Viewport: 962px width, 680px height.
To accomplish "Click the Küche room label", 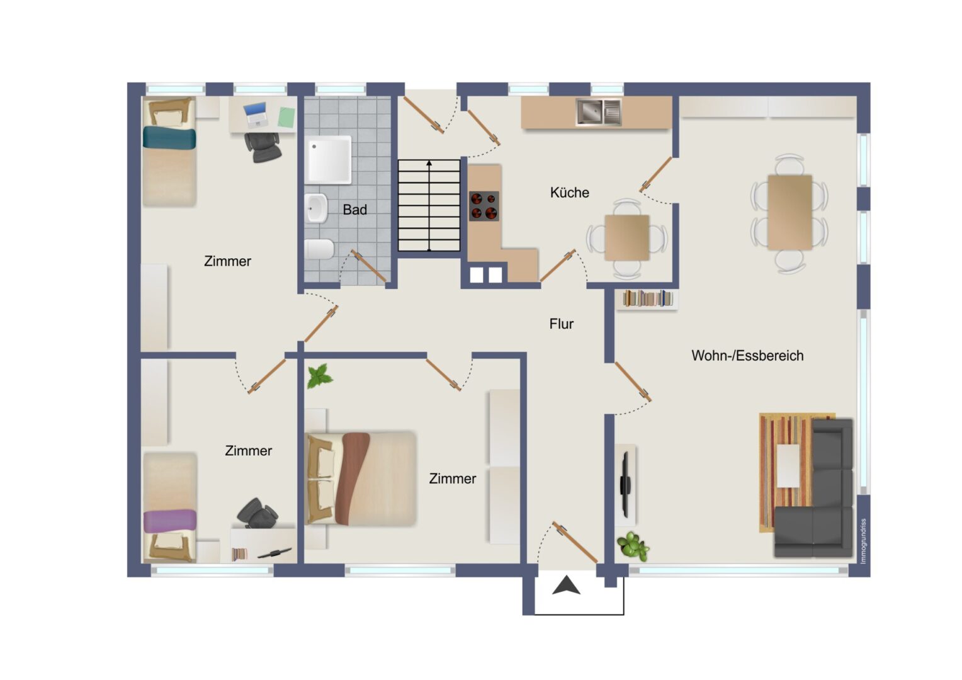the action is [570, 193].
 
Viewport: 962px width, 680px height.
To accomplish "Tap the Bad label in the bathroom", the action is [354, 210].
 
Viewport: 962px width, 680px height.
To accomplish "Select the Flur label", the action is [562, 324].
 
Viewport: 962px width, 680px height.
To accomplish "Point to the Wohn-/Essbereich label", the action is [747, 356].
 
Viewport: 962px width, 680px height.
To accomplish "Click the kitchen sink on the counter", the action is [599, 111].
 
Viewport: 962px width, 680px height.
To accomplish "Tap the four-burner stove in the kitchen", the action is [484, 206].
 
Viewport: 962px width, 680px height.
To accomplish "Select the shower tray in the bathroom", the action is [329, 159].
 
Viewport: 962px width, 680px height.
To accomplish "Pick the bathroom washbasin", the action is [317, 208].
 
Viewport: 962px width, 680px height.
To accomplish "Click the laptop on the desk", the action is [256, 114].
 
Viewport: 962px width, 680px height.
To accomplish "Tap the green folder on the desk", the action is [286, 117].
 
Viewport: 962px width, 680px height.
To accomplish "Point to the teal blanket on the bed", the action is [169, 137].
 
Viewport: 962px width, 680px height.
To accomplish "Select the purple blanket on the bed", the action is [170, 521].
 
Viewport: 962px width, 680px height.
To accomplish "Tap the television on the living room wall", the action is [625, 485].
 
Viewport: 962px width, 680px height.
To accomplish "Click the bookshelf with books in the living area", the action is [648, 298].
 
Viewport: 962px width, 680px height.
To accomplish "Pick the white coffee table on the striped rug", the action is [788, 466].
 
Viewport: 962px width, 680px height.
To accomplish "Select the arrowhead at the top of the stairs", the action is [429, 163].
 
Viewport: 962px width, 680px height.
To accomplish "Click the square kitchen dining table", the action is [627, 237].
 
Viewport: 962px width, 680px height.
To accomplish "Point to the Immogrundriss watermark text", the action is [864, 541].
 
